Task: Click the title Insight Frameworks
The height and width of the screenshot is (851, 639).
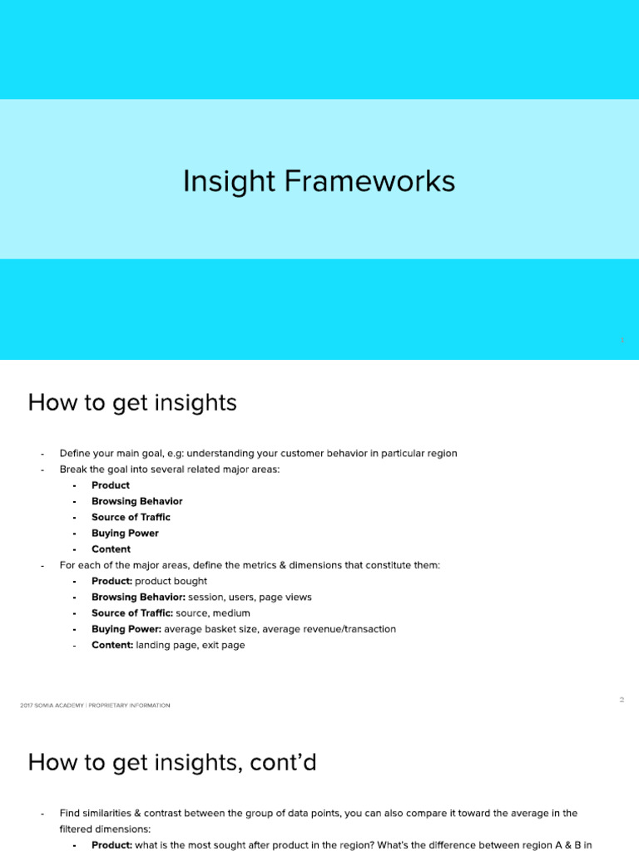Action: click(x=319, y=181)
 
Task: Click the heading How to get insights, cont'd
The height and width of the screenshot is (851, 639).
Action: click(x=172, y=762)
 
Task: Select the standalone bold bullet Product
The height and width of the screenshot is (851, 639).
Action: click(x=111, y=485)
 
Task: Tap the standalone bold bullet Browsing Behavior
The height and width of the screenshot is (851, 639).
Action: click(x=136, y=501)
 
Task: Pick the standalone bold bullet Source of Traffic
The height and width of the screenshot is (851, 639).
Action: click(x=131, y=517)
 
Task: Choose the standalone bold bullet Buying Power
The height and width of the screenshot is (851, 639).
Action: click(x=125, y=534)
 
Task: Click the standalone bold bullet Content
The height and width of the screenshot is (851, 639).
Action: click(x=111, y=549)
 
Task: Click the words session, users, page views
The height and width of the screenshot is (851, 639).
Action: click(x=250, y=598)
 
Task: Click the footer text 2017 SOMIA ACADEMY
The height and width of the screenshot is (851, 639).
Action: click(x=52, y=706)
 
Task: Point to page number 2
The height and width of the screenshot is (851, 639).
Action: click(x=622, y=700)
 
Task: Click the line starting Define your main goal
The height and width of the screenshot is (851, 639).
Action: click(x=258, y=454)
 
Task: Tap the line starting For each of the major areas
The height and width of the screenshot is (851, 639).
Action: click(x=250, y=565)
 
